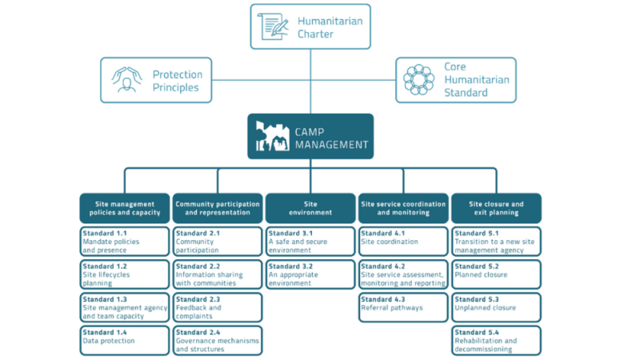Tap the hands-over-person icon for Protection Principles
pos(126,80)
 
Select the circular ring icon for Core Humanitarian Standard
pos(418,80)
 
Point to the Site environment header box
pos(310,208)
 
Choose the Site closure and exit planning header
pos(496,208)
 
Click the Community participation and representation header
pos(218,208)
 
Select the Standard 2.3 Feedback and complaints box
pos(218,307)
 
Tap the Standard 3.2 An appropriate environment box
pos(310,274)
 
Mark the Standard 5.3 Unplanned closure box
pos(496,307)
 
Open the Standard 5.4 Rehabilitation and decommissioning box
pos(496,340)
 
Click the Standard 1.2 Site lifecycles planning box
pos(125,274)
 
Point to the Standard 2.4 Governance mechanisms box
pos(218,340)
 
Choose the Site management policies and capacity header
pos(125,208)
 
